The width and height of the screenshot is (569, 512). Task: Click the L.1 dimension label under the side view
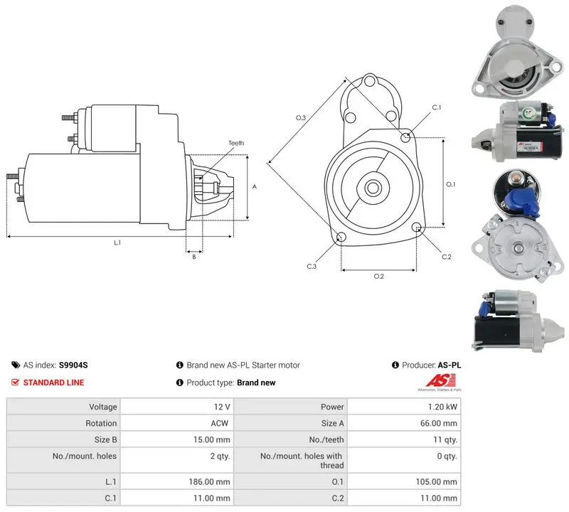pyautogui.click(x=117, y=242)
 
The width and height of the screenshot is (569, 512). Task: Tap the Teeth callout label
pyautogui.click(x=236, y=143)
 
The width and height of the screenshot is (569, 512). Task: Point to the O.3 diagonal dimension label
pyautogui.click(x=301, y=117)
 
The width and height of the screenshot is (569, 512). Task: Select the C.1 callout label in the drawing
pyautogui.click(x=437, y=107)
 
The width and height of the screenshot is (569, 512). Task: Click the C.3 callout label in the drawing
pyautogui.click(x=312, y=267)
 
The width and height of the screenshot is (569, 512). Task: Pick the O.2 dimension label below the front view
pyautogui.click(x=379, y=277)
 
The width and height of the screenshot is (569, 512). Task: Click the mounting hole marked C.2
pyautogui.click(x=417, y=228)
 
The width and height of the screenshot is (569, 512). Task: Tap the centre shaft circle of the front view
pyautogui.click(x=372, y=188)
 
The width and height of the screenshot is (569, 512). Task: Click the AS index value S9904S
pyautogui.click(x=73, y=365)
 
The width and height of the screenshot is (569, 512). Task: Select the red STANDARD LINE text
pyautogui.click(x=54, y=383)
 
